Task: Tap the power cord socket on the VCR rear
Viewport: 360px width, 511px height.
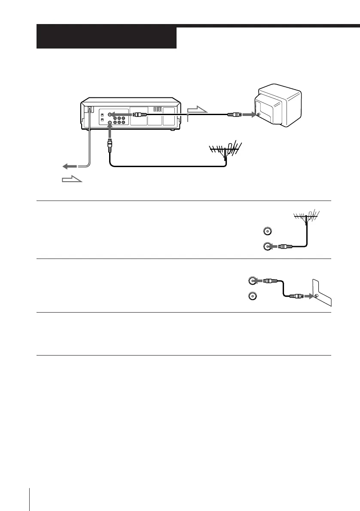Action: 89,109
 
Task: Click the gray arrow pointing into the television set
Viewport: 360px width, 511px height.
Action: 247,115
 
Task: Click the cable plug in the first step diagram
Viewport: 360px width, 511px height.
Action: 286,247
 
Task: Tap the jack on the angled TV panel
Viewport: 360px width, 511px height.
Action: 316,296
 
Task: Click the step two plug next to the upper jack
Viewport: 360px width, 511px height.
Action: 269,281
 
